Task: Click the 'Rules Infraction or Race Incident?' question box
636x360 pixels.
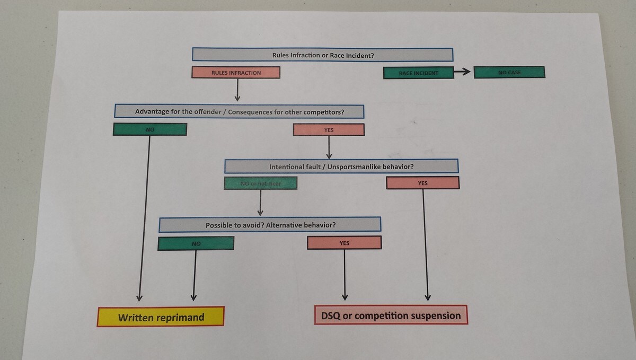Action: pos(322,55)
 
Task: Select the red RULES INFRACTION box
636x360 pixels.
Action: pos(236,73)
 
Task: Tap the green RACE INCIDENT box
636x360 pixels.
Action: pos(418,73)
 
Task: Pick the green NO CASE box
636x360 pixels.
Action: pos(509,72)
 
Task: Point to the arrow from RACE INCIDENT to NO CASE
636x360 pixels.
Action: pos(463,72)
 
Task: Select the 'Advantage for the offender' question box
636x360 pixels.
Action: pos(239,111)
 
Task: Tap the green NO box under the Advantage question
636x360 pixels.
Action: pos(149,129)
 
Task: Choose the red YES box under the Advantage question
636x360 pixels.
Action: pos(329,129)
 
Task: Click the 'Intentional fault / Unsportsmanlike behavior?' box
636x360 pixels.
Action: pos(341,166)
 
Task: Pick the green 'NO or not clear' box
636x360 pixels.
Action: pos(260,183)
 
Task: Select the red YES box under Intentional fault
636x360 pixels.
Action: pos(422,183)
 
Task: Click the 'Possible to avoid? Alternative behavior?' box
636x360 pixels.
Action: pos(270,225)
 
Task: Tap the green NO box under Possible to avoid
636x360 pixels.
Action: pos(196,243)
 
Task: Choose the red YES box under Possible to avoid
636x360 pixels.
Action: pos(344,243)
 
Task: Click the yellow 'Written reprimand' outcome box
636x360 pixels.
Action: pos(161,317)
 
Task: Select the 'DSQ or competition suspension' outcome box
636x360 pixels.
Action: pos(391,315)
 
